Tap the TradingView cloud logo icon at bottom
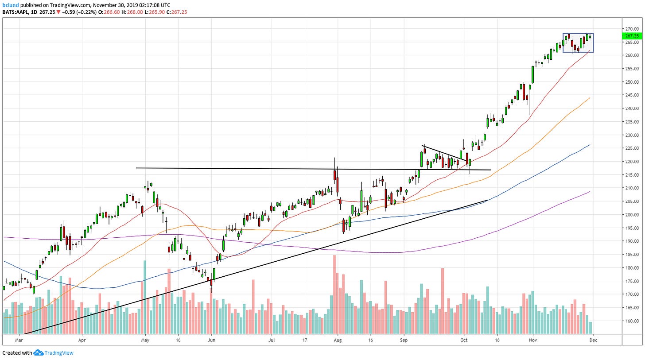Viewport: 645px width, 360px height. [x=38, y=353]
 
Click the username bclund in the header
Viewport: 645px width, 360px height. [x=11, y=5]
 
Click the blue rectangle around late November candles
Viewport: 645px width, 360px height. [x=578, y=34]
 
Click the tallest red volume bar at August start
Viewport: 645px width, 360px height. [x=334, y=294]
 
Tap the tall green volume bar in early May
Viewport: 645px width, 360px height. [x=145, y=297]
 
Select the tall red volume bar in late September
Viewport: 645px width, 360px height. [x=442, y=301]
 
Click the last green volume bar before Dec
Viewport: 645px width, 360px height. [x=591, y=328]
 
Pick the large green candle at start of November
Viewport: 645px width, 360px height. [x=532, y=74]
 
